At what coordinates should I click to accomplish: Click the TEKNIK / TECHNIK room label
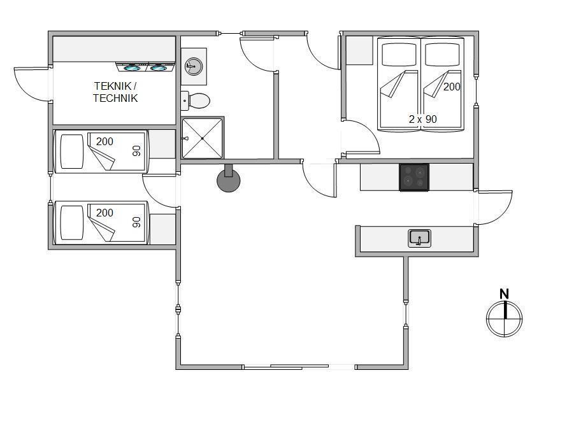(x=115, y=92)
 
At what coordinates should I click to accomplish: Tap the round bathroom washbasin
(x=194, y=66)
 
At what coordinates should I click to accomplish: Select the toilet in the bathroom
(x=196, y=101)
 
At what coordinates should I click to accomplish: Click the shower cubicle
(x=203, y=138)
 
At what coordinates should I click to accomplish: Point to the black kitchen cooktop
(x=414, y=177)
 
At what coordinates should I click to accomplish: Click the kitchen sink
(x=420, y=238)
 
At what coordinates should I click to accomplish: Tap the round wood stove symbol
(x=228, y=179)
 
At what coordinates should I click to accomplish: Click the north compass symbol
(x=504, y=318)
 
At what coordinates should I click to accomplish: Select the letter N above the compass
(x=505, y=294)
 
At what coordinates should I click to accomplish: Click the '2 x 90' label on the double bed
(x=422, y=119)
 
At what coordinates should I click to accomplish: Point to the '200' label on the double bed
(x=452, y=87)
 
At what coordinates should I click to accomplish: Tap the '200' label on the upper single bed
(x=104, y=142)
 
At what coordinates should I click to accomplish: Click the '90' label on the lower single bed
(x=137, y=222)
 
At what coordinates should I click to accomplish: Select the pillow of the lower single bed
(x=71, y=223)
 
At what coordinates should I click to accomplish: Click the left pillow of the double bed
(x=399, y=55)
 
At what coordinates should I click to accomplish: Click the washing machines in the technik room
(x=145, y=67)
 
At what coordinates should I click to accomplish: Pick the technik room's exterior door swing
(x=32, y=84)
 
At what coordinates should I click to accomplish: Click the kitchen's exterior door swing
(x=495, y=208)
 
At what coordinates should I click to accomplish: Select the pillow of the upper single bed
(x=71, y=152)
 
